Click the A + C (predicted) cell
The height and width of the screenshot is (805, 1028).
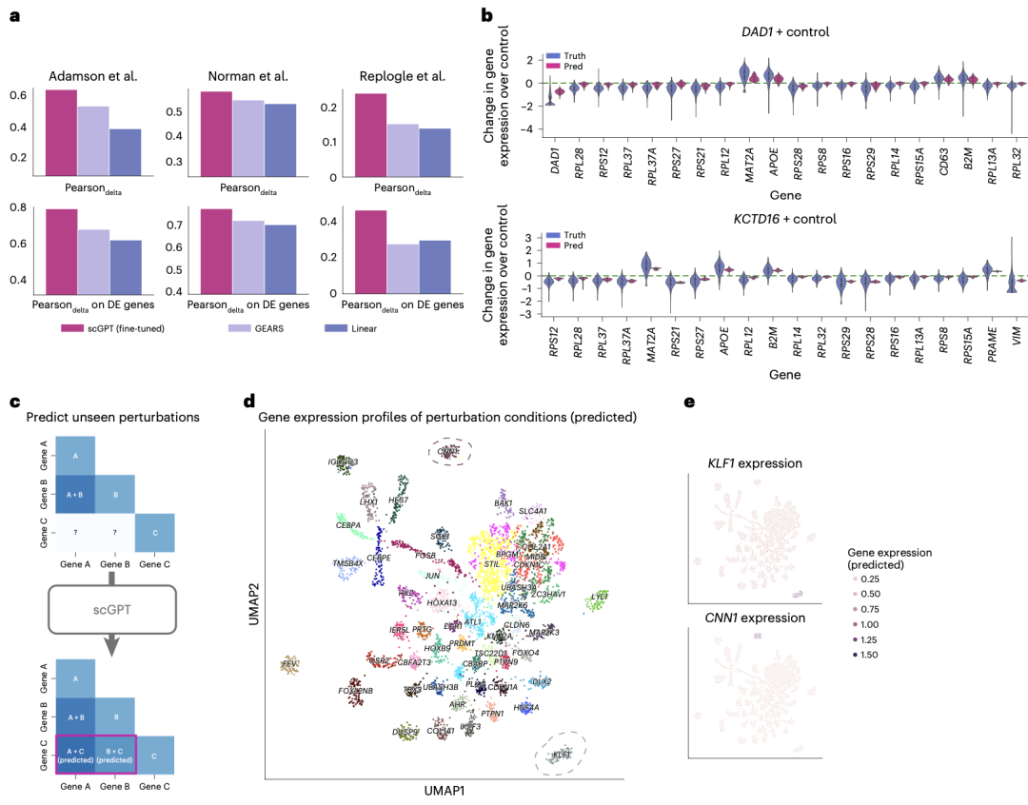tap(75, 756)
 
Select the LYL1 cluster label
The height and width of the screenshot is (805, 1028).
tap(599, 596)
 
